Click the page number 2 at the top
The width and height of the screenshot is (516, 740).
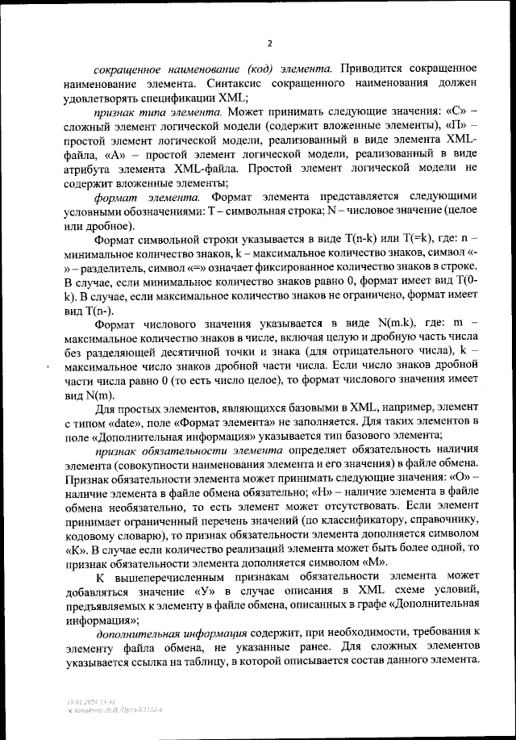270,44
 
